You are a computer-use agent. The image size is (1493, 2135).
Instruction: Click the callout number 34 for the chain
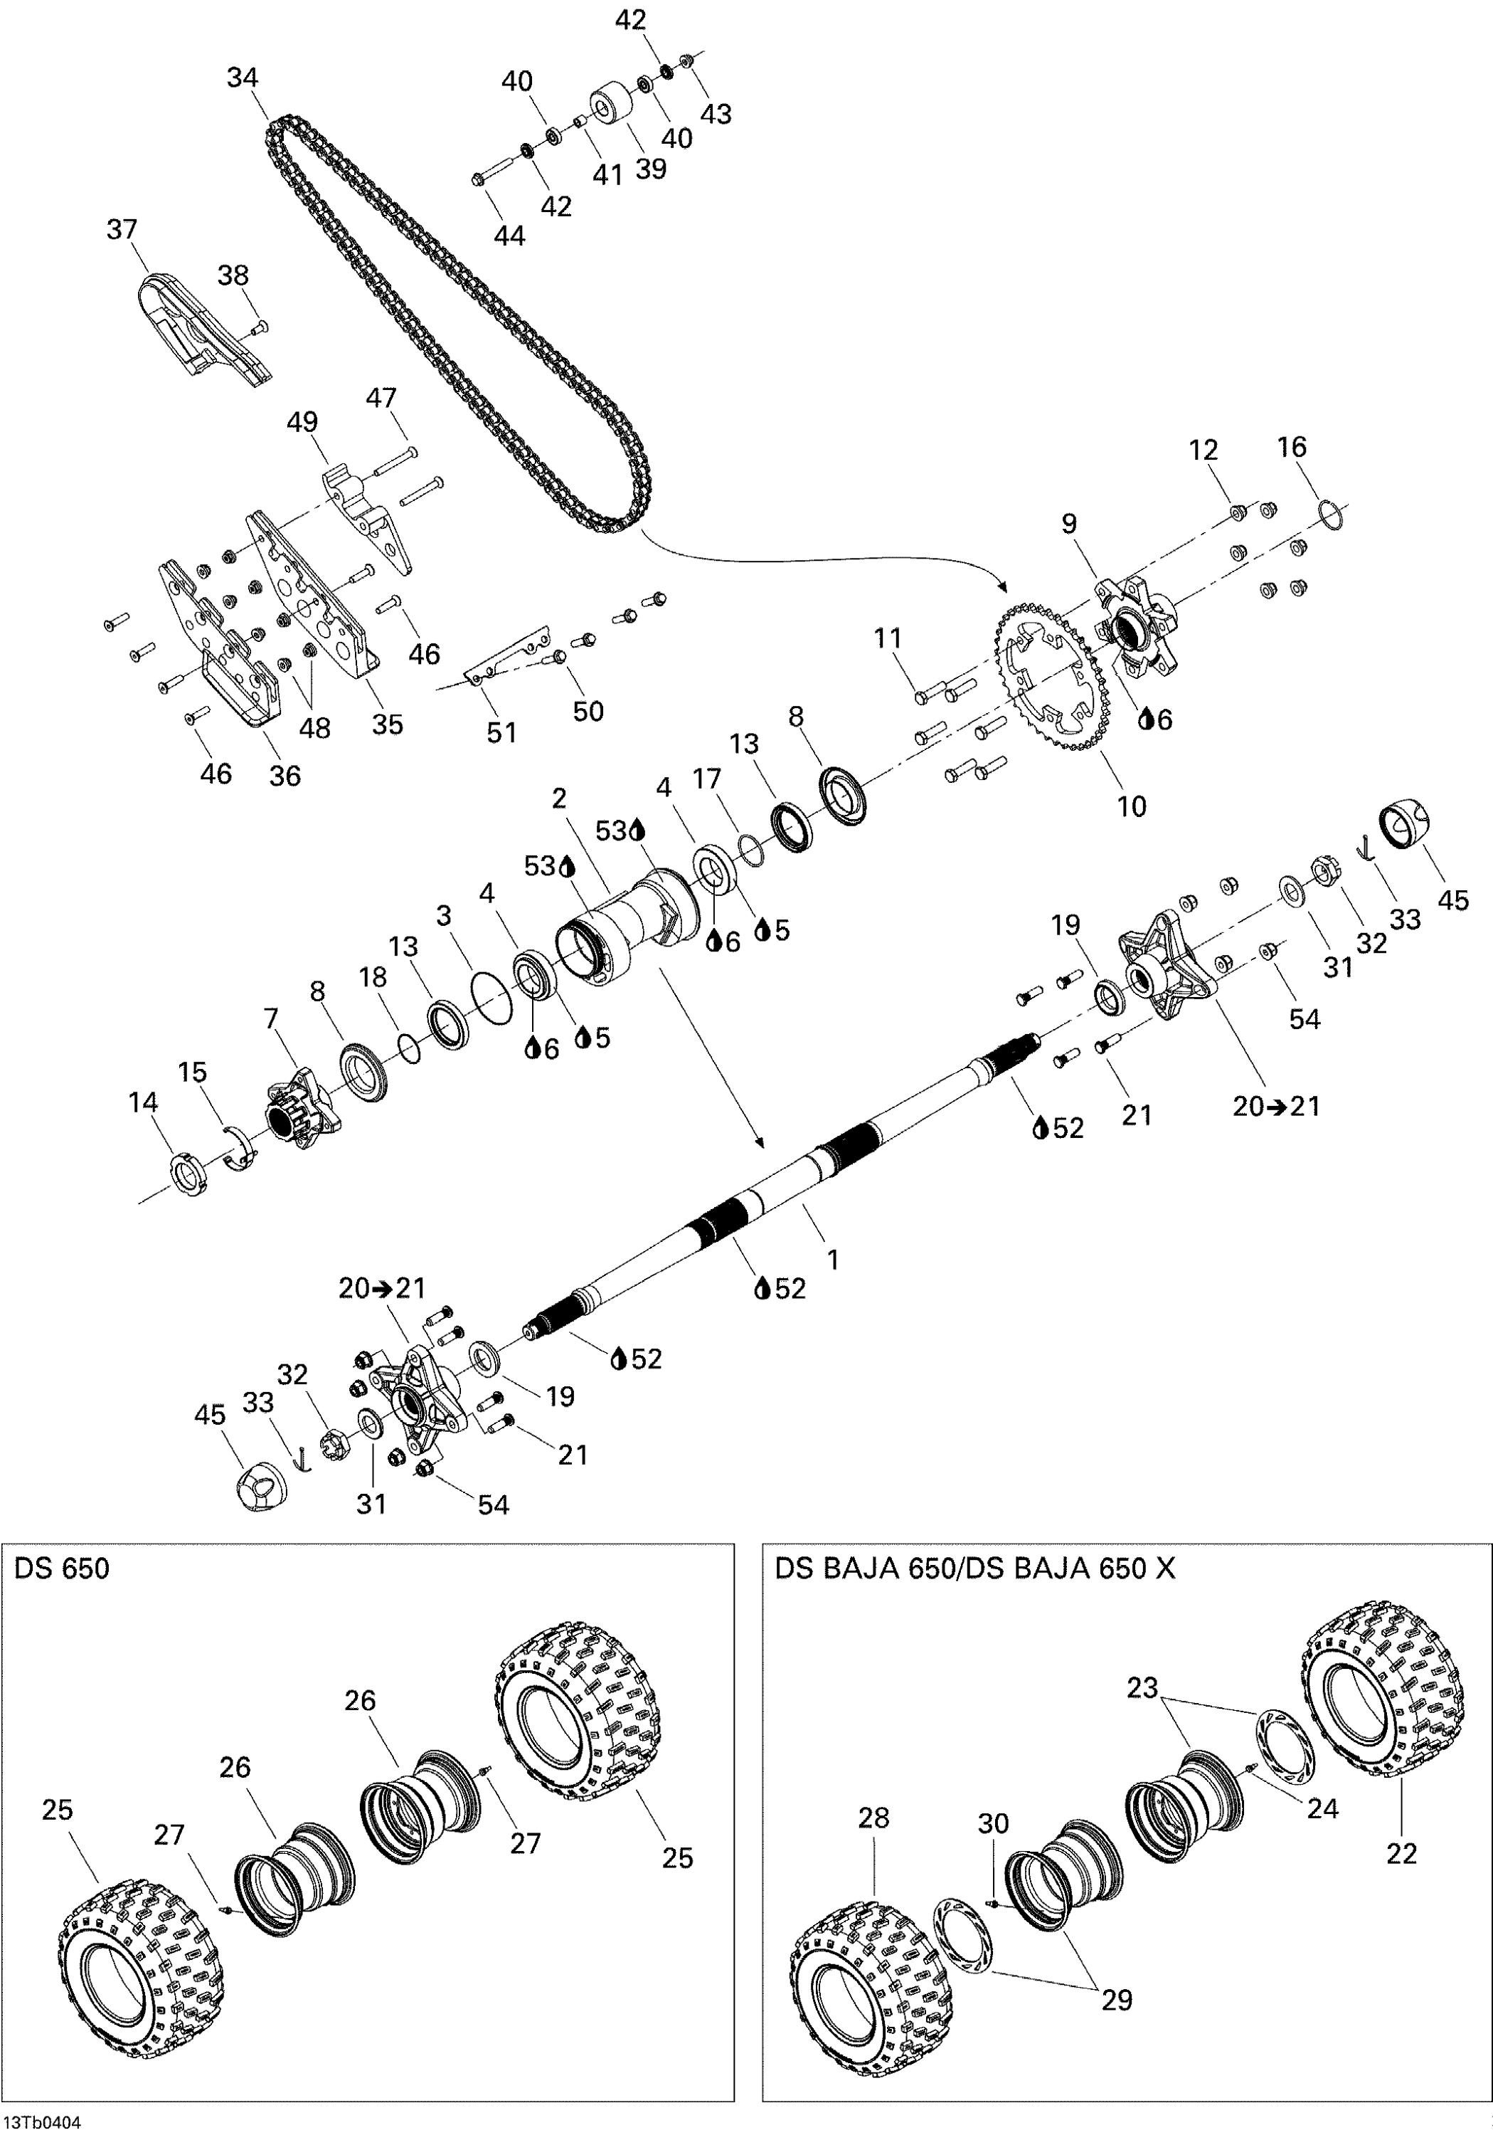tap(242, 78)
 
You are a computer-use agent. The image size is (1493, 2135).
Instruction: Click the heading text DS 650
tap(61, 1569)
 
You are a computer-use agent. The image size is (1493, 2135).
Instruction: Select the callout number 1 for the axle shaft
tap(833, 1259)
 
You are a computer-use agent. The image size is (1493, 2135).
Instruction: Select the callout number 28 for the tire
tap(874, 1817)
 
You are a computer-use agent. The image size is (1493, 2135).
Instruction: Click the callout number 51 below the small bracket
tap(502, 733)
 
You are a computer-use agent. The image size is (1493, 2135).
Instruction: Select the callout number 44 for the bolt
tap(509, 236)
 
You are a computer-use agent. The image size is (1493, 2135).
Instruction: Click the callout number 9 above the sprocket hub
tap(1069, 524)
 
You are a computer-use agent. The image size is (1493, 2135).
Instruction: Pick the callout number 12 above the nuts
tap(1203, 450)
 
